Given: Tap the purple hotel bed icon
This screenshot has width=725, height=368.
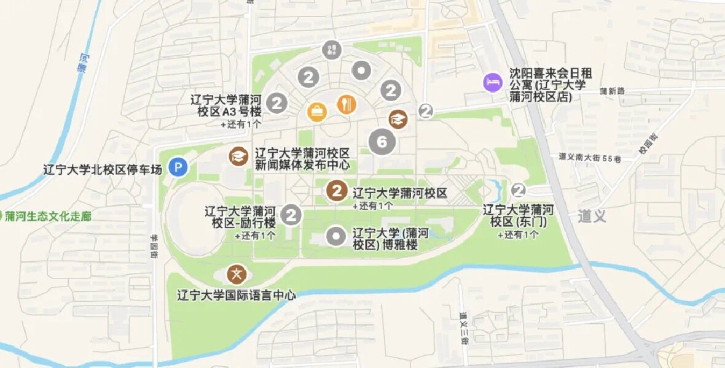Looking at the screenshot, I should [492, 82].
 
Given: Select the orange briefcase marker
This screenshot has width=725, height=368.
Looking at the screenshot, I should [317, 112].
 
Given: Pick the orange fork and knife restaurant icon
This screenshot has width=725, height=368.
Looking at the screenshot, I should [347, 104].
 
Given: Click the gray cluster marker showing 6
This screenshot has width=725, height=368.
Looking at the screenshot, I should [382, 142].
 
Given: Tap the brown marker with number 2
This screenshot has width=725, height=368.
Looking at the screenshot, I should [336, 190].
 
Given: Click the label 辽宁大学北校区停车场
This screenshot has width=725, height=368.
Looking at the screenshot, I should [103, 169].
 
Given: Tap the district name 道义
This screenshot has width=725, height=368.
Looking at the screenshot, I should [592, 216].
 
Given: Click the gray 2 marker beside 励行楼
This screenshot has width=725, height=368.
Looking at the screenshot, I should [291, 215].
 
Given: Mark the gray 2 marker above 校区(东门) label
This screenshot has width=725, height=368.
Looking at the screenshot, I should [519, 189].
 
